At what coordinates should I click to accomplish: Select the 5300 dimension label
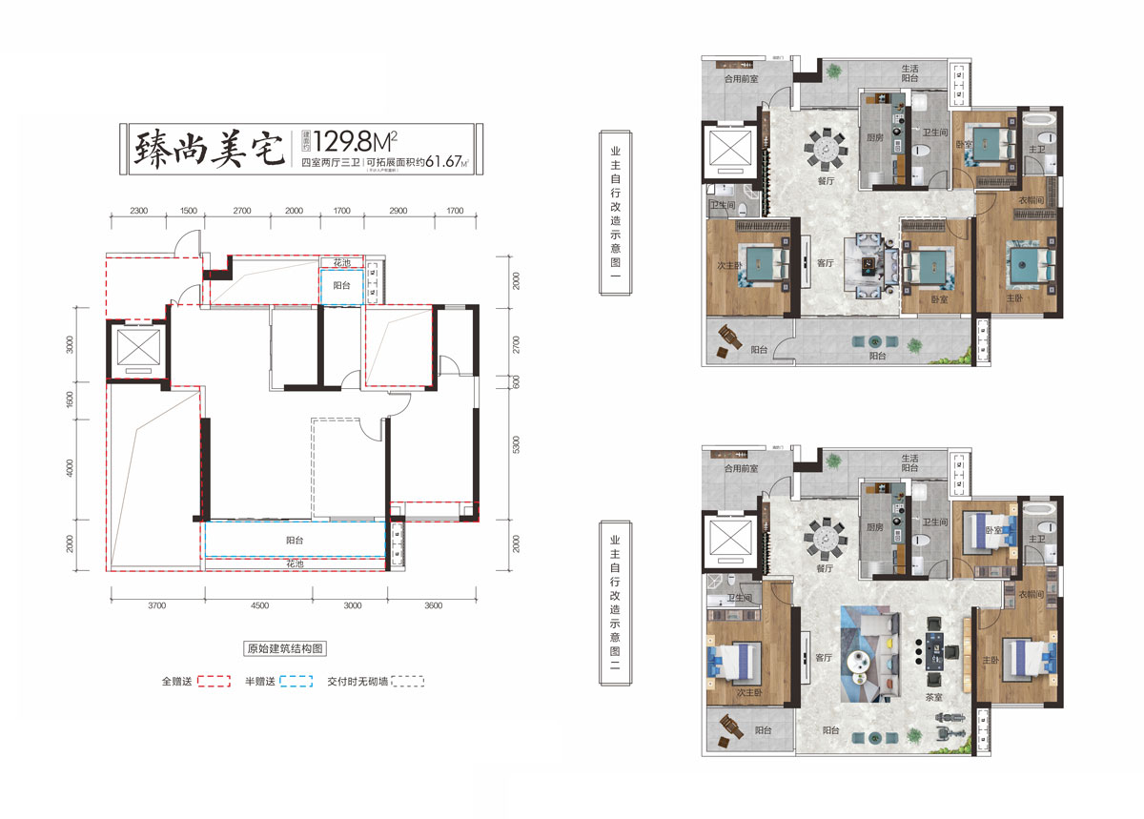point(515,445)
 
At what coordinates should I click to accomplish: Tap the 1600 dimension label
point(69,399)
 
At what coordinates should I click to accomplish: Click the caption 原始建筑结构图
point(285,648)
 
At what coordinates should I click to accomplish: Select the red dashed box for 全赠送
point(215,682)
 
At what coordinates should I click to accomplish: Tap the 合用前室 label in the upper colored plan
point(740,79)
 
